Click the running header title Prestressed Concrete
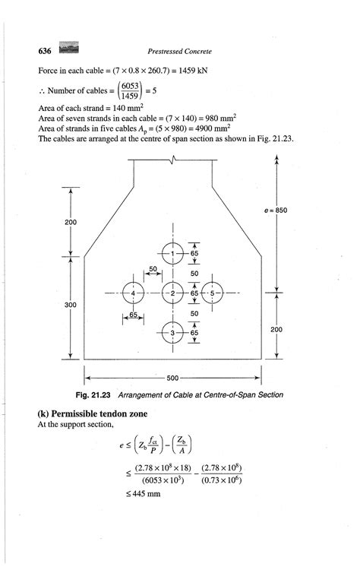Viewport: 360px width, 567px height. coord(181,51)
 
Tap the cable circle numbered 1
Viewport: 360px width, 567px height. coord(173,253)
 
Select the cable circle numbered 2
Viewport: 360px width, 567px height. coord(173,293)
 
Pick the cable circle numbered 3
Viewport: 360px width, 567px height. coord(173,333)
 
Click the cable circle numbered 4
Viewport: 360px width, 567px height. coord(133,293)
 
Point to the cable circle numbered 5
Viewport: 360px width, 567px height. coord(213,293)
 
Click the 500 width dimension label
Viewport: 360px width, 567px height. coord(173,377)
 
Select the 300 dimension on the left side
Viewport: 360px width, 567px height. coord(70,304)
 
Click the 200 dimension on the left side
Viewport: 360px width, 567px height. coord(70,222)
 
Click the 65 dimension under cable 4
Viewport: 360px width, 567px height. coord(133,313)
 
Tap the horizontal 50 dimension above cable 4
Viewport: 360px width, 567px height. coord(153,269)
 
